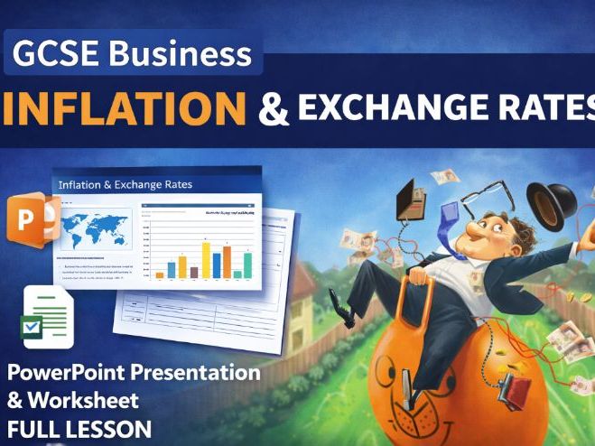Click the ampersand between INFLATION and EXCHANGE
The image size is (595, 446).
pos(274,109)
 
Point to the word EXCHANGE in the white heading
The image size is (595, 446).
pos(386,108)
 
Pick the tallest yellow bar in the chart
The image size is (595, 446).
pos(206,260)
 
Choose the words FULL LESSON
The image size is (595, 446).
pos(80,427)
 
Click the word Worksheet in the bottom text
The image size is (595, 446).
pos(86,399)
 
